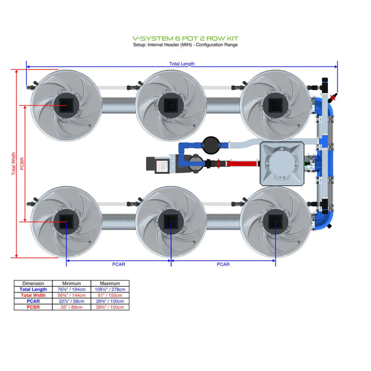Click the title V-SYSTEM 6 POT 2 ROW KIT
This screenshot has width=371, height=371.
pos(185,38)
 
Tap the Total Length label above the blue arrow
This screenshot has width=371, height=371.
pos(182,64)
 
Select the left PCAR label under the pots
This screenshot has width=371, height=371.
pos(118,264)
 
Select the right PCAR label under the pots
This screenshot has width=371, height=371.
pos(223,264)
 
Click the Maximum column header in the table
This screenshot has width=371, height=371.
pos(110,284)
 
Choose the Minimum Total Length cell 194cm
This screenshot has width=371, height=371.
pos(73,289)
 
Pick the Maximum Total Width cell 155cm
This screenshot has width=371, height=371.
pos(110,295)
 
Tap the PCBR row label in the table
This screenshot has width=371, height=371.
pos(33,307)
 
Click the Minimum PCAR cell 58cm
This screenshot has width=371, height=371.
pos(73,301)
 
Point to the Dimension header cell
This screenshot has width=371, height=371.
pos(33,284)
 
